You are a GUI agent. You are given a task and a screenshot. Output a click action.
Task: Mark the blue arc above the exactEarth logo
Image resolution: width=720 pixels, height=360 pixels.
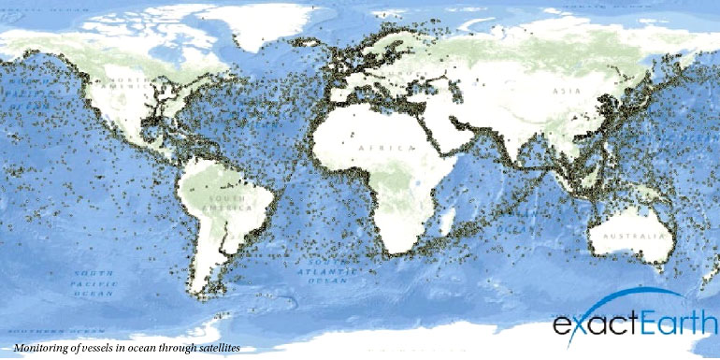point(636,297)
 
